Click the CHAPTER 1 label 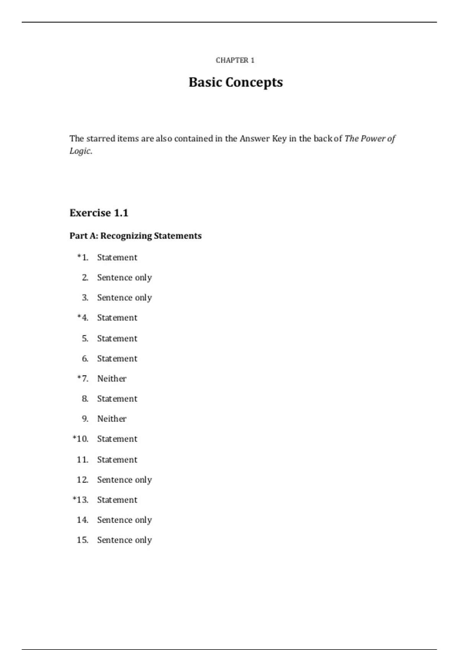pyautogui.click(x=235, y=60)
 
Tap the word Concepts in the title pyautogui.click(x=254, y=83)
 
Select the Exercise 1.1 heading pyautogui.click(x=99, y=213)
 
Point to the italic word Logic pyautogui.click(x=80, y=151)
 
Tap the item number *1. pyautogui.click(x=83, y=257)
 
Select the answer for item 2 pyautogui.click(x=124, y=278)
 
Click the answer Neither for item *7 pyautogui.click(x=112, y=379)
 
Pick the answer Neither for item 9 pyautogui.click(x=112, y=419)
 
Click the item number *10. pyautogui.click(x=80, y=439)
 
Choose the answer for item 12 pyautogui.click(x=124, y=480)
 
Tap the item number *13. pyautogui.click(x=80, y=500)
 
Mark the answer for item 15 pyautogui.click(x=124, y=540)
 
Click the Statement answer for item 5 pyautogui.click(x=117, y=338)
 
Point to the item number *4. pyautogui.click(x=83, y=318)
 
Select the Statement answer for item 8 pyautogui.click(x=117, y=399)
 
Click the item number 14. pyautogui.click(x=83, y=520)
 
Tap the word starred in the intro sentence pyautogui.click(x=101, y=138)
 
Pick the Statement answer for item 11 pyautogui.click(x=117, y=460)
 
